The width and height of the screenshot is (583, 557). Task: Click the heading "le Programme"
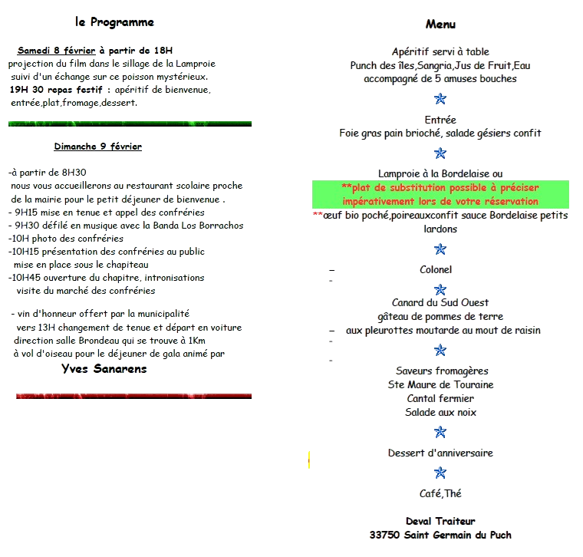(114, 22)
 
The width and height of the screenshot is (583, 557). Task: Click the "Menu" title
(440, 25)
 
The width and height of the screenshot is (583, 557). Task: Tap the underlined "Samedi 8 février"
(57, 50)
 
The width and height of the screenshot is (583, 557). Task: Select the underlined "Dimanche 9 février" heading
(97, 146)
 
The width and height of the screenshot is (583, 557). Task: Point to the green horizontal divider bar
(130, 124)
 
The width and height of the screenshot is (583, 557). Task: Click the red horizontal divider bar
(133, 396)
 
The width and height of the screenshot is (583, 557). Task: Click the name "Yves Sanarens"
(104, 369)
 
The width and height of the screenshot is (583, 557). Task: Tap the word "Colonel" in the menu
(436, 269)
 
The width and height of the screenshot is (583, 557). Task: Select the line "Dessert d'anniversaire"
(440, 453)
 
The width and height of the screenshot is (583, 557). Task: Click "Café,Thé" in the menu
(440, 493)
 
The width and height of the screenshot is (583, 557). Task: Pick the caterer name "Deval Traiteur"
(440, 521)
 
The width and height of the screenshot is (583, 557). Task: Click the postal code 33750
(384, 535)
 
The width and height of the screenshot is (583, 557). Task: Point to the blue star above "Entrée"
(440, 99)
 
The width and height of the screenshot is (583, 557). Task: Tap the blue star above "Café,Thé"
(440, 473)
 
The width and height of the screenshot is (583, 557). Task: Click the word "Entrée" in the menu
(440, 120)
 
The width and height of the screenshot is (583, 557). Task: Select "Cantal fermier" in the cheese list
(440, 399)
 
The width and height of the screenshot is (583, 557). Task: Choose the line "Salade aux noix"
(440, 412)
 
